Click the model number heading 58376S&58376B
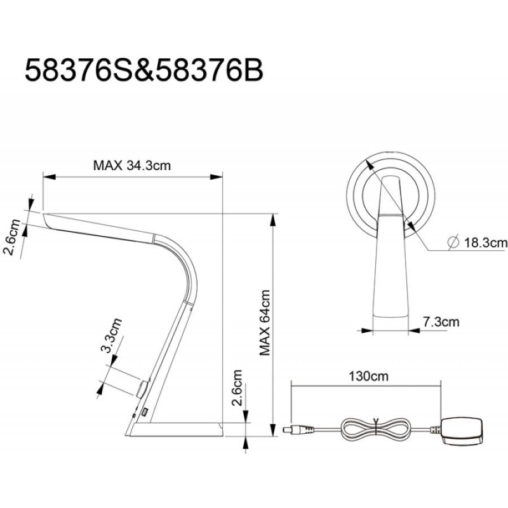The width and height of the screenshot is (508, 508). [x=144, y=70]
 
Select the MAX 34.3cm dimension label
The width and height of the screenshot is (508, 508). [x=132, y=166]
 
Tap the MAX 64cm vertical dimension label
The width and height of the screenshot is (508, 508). [x=265, y=323]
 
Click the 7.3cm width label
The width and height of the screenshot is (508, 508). [x=441, y=322]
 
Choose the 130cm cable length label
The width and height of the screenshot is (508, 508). [x=368, y=376]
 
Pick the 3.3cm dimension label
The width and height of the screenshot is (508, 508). [x=111, y=335]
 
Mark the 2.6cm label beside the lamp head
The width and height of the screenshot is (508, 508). [x=11, y=237]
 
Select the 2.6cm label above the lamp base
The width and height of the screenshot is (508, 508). [x=237, y=387]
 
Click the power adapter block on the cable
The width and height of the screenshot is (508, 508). [x=462, y=431]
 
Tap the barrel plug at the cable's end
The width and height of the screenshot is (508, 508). [x=298, y=430]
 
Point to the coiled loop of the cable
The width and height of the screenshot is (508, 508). [x=375, y=430]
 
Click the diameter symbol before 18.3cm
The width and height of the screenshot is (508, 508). [x=453, y=243]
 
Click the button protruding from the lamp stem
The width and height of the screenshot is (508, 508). [x=142, y=389]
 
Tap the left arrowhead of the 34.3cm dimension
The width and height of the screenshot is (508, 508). [x=50, y=177]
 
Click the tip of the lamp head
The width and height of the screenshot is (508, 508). [x=44, y=214]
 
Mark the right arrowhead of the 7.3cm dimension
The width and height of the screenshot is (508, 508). [x=415, y=331]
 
